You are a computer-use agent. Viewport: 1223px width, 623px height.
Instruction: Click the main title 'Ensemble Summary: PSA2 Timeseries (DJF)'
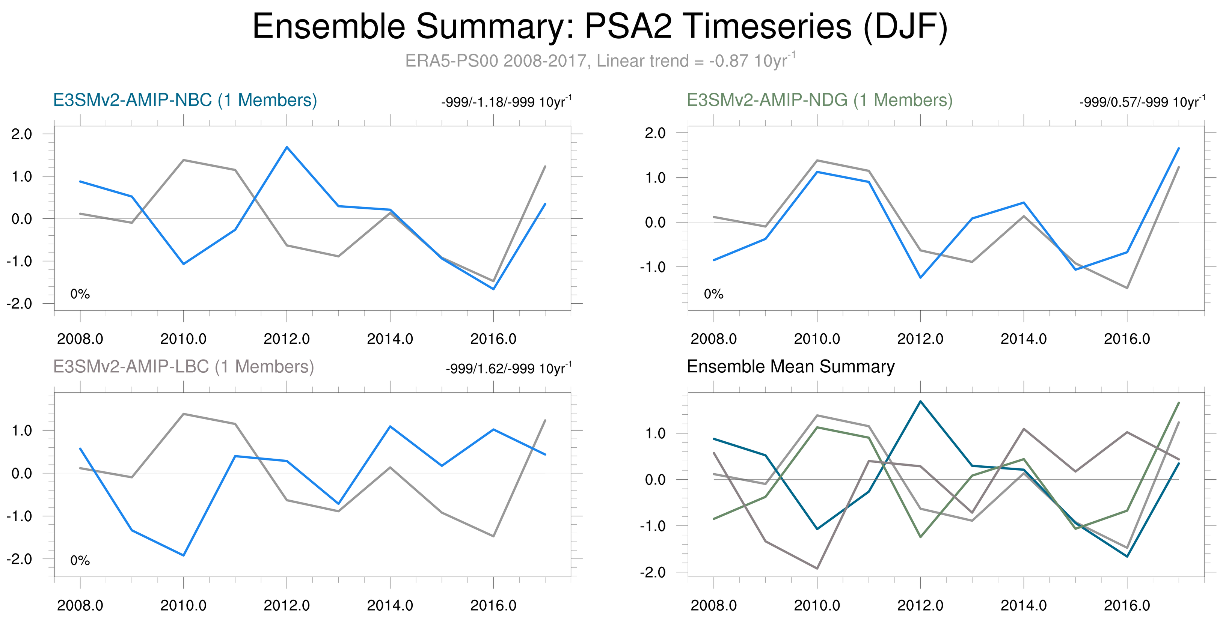[x=600, y=27]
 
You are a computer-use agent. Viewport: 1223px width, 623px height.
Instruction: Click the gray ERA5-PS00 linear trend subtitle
[x=600, y=61]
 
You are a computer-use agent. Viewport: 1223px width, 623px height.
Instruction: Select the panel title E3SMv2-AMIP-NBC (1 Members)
[x=185, y=101]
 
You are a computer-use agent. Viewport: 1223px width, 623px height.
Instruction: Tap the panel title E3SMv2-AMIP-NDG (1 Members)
[x=819, y=101]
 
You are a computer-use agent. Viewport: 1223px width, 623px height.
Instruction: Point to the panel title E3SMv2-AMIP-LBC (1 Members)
[x=183, y=367]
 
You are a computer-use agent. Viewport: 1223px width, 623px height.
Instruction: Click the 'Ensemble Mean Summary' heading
[x=790, y=367]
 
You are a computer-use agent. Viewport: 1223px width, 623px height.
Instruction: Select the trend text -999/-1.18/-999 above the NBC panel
[x=506, y=102]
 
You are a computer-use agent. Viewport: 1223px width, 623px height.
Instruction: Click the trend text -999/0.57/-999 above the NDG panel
[x=1142, y=102]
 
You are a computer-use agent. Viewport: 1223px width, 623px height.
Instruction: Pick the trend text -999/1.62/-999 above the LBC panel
[x=508, y=369]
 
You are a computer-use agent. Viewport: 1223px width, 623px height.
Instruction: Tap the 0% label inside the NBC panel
[x=80, y=294]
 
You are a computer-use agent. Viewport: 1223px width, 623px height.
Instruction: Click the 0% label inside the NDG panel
[x=713, y=294]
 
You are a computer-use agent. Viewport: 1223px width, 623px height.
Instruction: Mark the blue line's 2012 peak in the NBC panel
[x=287, y=147]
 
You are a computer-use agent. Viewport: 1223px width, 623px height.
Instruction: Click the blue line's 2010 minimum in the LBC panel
[x=184, y=555]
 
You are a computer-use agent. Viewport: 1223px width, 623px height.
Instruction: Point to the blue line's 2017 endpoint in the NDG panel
[x=1178, y=149]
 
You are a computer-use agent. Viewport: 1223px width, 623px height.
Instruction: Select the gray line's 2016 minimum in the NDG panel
[x=1126, y=288]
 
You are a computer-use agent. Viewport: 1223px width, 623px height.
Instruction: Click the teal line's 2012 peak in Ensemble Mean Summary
[x=921, y=402]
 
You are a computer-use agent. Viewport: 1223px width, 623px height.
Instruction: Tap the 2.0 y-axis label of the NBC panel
[x=21, y=134]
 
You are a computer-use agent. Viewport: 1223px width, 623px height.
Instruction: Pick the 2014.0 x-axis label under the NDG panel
[x=1023, y=339]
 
